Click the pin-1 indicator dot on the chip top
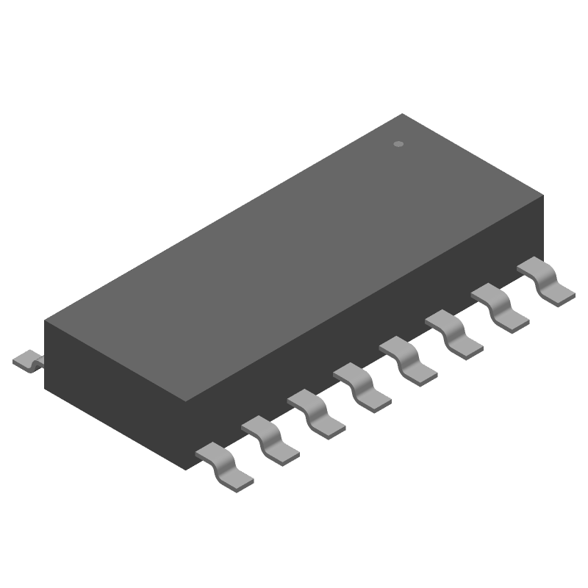click(398, 144)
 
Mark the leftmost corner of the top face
click(45, 321)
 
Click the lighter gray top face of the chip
click(294, 257)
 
